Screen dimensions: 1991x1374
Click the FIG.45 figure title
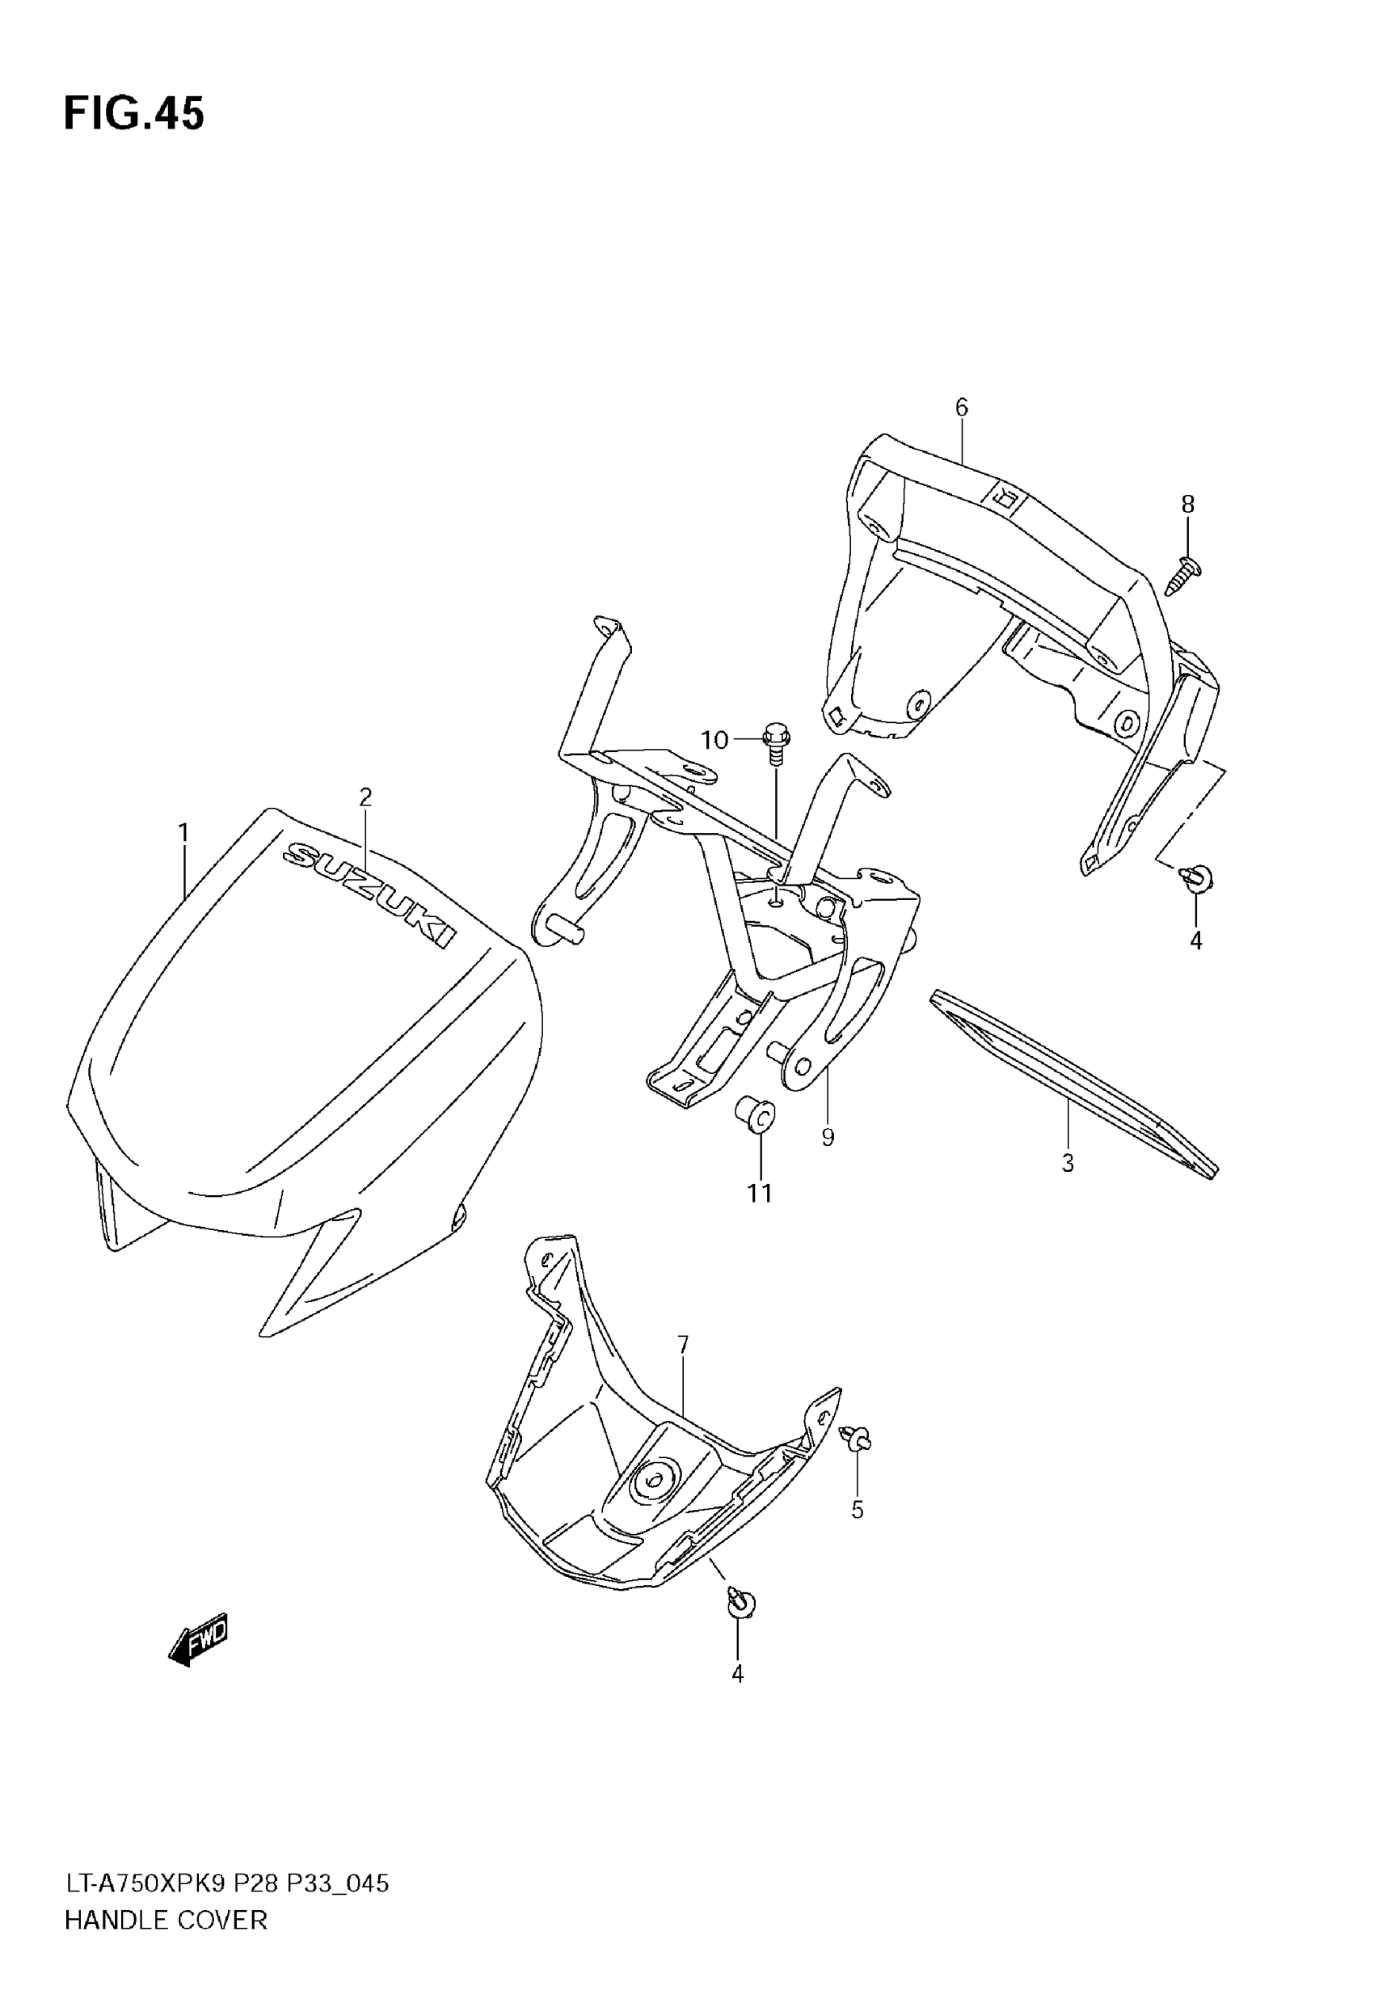tap(134, 114)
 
